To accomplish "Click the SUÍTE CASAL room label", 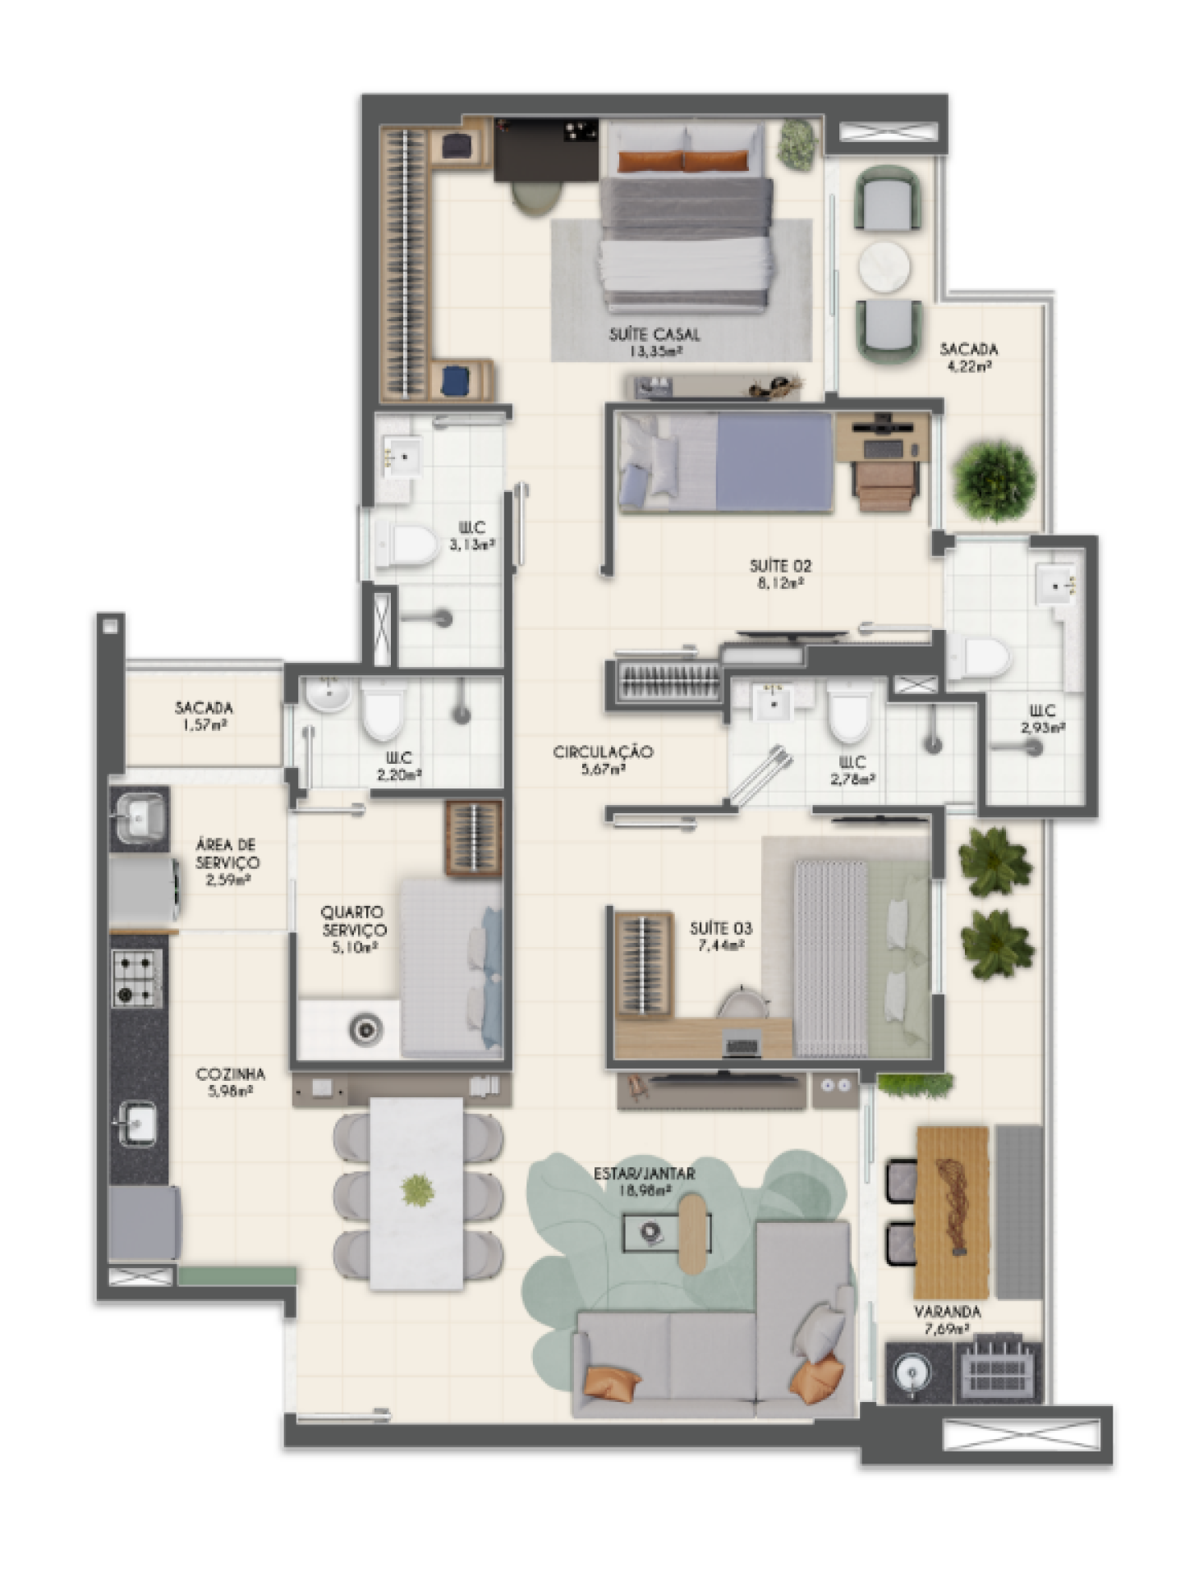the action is tap(655, 334).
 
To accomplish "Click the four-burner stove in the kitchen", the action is tap(136, 978).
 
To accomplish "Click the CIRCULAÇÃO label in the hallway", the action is tap(604, 752).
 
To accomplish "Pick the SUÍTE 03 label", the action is tap(720, 928).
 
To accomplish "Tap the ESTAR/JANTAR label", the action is tap(645, 1173).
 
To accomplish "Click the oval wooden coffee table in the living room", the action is tap(695, 1233).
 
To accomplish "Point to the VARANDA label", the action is tap(947, 1312).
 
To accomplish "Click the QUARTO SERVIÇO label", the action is tap(353, 921).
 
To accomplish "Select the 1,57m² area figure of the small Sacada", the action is tap(204, 725).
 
